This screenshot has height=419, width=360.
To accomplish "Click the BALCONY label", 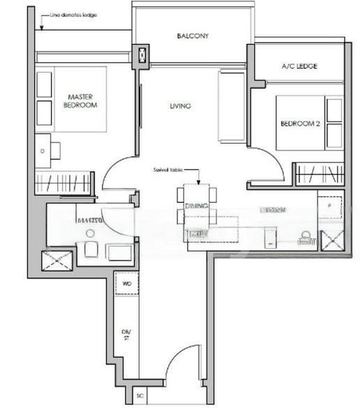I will click(193, 36).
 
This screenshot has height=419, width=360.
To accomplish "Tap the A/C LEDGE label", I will click(299, 66).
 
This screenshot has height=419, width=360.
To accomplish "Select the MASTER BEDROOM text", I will click(82, 101).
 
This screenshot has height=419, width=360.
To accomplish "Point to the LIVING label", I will click(180, 106).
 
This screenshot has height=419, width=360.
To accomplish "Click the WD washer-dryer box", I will click(126, 284).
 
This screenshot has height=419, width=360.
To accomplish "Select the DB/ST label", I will click(126, 335).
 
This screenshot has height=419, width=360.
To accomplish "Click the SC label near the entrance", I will click(140, 396).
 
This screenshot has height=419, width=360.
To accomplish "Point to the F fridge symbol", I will click(329, 207).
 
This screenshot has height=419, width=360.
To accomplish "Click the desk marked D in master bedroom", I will click(43, 150).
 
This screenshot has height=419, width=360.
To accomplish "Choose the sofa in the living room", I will click(230, 107).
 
